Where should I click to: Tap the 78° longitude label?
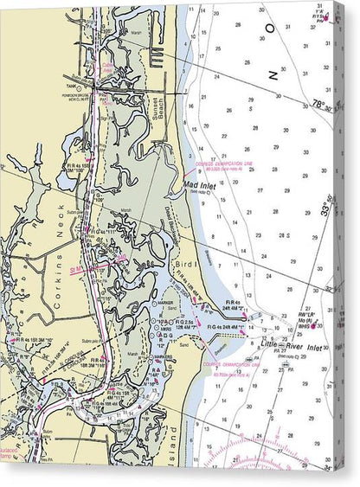tap(321, 103)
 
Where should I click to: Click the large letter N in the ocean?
tap(273, 75)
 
